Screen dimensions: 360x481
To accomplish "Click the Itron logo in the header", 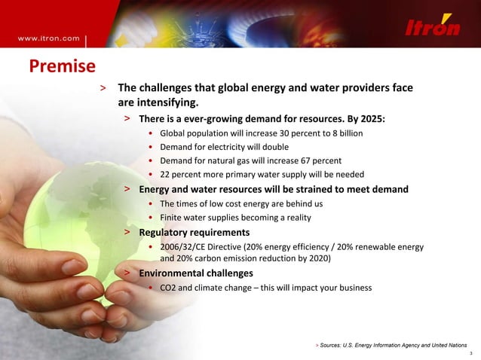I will click(x=433, y=27).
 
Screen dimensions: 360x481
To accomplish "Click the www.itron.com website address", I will click(x=49, y=37).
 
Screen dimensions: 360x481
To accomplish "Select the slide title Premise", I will click(x=62, y=67).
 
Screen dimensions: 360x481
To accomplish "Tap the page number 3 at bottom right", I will click(x=470, y=353).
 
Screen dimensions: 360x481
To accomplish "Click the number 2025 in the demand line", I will click(x=372, y=119).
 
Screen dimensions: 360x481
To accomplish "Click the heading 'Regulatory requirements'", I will click(x=194, y=232).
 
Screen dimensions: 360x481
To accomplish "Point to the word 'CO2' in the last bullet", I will click(x=169, y=287).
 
